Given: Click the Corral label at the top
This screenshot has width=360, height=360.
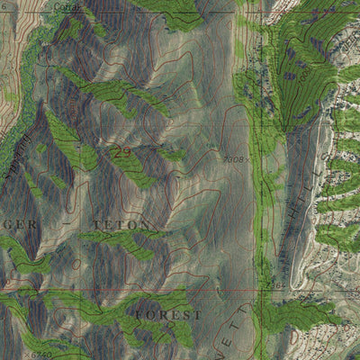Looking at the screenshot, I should click(66, 5).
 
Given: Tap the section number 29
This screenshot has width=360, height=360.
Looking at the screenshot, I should click(121, 154).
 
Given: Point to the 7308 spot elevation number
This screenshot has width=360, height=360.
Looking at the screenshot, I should click(234, 160).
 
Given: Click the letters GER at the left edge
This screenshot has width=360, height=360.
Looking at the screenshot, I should click(20, 223).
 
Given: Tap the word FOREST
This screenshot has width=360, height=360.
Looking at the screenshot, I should click(169, 315).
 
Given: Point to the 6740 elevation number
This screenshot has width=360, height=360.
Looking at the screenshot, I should click(40, 355).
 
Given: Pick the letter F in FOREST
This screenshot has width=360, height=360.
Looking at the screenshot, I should click(140, 315).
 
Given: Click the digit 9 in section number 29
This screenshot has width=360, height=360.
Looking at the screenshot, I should click(127, 154).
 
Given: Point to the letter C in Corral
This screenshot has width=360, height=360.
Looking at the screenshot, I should click(56, 5).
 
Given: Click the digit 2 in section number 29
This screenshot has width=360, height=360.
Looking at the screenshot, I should click(116, 154).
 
